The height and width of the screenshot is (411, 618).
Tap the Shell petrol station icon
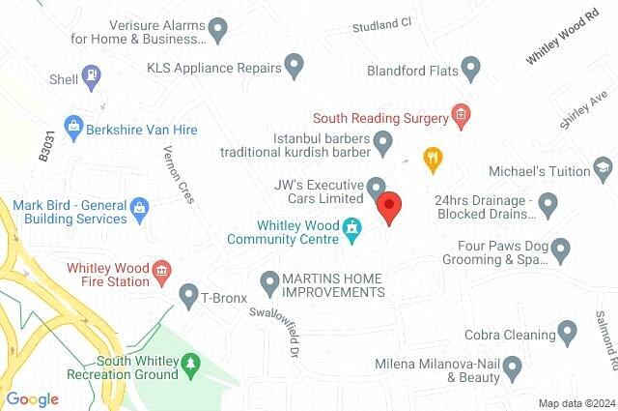point(94,73)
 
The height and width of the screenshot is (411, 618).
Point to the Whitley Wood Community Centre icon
point(352,230)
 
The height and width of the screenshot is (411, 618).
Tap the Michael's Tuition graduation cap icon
point(603,170)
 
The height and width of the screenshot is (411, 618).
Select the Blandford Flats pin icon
point(470,70)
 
